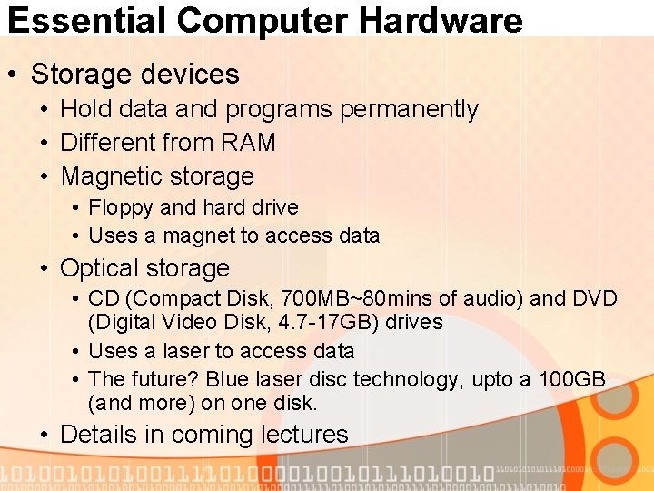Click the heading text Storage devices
134,74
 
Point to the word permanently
409,109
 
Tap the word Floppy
121,208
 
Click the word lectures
304,435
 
